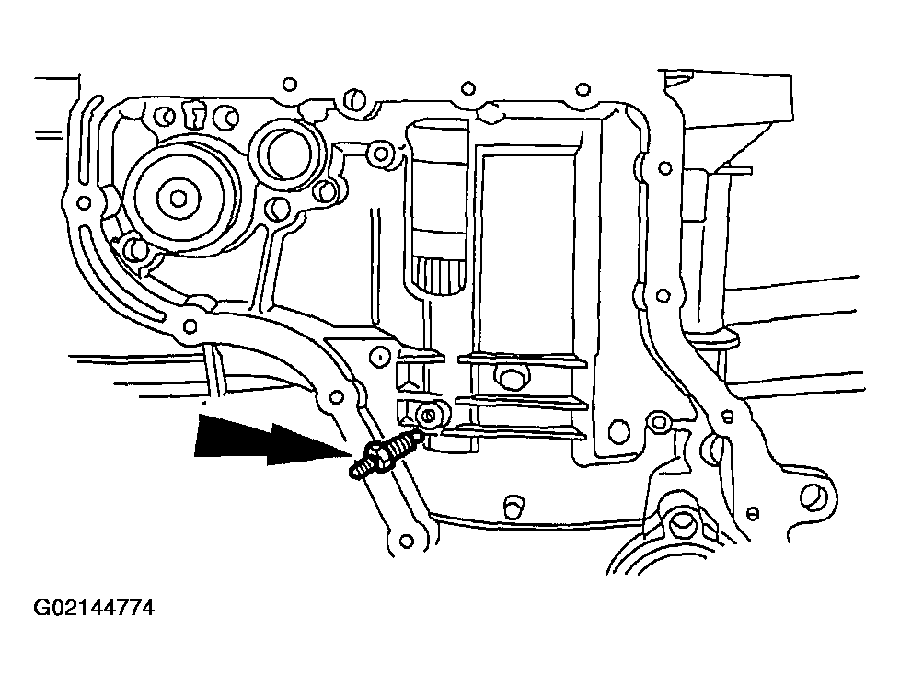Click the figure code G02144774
tap(95, 609)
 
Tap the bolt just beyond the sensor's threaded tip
tap(428, 415)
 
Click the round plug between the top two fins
tap(507, 377)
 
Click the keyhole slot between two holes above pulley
tap(195, 115)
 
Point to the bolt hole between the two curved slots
tap(83, 202)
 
